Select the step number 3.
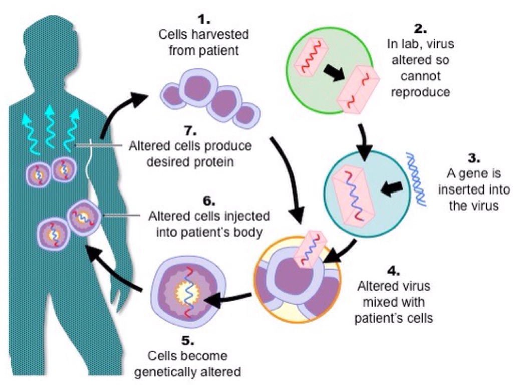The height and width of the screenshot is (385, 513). point(473,159)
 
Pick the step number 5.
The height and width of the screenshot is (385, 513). point(186,341)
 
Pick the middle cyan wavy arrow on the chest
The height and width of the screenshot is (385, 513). point(51,128)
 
